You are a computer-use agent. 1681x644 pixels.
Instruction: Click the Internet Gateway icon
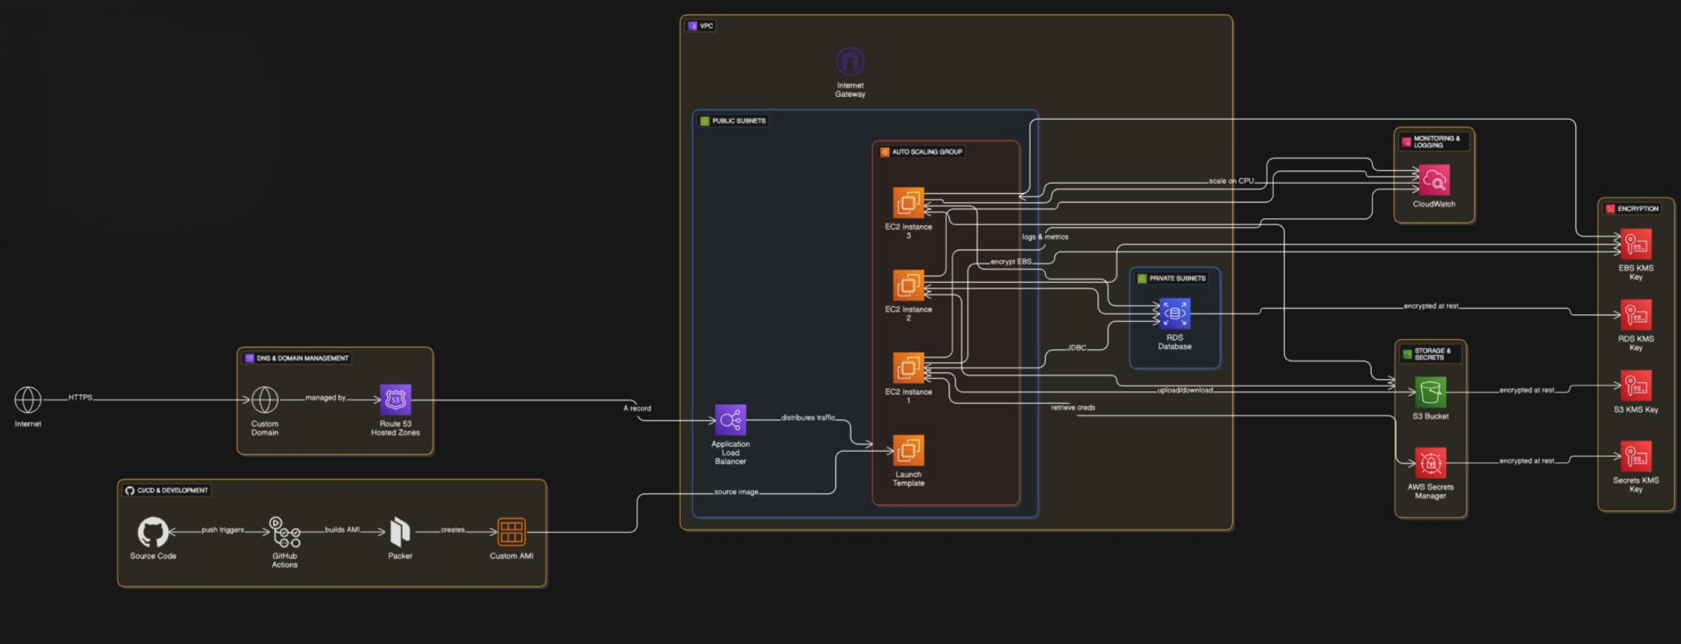point(850,62)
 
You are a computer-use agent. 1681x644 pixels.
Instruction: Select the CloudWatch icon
point(1434,180)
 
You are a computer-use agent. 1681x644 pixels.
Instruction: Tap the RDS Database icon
point(1174,314)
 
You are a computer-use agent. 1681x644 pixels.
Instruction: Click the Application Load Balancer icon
point(730,420)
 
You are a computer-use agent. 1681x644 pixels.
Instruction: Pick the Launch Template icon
point(908,450)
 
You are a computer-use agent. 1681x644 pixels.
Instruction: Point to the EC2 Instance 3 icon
point(908,203)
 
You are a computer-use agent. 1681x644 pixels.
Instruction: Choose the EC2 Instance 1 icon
point(908,368)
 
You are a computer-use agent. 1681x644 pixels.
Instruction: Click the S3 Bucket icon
point(1430,392)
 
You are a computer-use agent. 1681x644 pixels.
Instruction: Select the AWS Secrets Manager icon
point(1430,463)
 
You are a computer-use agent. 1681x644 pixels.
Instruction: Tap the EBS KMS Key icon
point(1636,245)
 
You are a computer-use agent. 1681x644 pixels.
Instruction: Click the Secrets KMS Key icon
point(1636,456)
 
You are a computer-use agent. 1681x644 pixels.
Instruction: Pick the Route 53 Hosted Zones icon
point(395,400)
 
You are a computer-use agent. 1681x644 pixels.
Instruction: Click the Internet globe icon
point(28,400)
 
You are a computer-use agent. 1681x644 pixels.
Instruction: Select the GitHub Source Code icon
point(153,532)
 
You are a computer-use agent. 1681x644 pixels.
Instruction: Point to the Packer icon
point(400,532)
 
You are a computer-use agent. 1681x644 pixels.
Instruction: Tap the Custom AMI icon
point(511,532)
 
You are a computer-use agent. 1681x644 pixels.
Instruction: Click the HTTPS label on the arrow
point(80,397)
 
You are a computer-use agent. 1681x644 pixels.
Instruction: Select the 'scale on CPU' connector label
point(1231,181)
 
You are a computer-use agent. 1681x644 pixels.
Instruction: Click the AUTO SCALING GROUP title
point(927,152)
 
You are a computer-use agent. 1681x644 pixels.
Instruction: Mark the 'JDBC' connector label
point(1076,348)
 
